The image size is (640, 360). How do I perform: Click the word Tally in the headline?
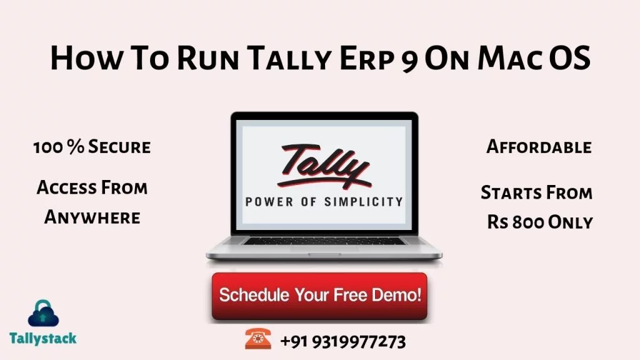click(289, 57)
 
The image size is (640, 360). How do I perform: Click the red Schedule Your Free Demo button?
click(319, 296)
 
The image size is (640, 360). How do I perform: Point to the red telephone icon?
click(258, 339)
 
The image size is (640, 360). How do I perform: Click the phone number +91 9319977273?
click(343, 342)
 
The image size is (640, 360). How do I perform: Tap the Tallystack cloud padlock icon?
click(43, 314)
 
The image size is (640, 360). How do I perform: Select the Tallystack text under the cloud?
click(43, 338)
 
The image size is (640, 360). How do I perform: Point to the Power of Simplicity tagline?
click(324, 202)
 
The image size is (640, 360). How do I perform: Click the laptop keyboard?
click(324, 241)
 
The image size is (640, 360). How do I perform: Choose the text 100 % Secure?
click(92, 147)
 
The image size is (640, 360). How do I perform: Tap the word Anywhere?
click(92, 217)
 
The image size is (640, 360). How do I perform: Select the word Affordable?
click(539, 147)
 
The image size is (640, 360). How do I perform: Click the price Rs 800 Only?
click(540, 222)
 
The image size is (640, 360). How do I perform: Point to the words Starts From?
click(536, 192)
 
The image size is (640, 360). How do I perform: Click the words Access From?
click(92, 187)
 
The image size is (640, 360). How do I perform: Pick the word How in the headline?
click(86, 57)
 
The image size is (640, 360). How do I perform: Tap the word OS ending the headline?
click(570, 57)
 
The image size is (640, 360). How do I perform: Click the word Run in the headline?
click(208, 57)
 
